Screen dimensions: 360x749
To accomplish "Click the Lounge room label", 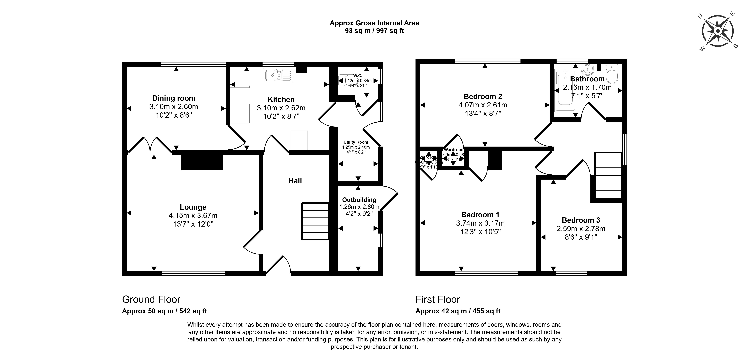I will pos(193,207).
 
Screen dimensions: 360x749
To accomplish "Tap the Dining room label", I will pos(174,98).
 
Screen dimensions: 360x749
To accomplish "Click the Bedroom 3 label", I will pos(581,220).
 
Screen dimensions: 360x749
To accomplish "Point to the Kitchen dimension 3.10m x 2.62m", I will pos(281,108).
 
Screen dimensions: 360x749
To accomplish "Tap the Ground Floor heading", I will pos(151,299).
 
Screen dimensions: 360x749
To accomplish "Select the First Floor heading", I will pos(438,299).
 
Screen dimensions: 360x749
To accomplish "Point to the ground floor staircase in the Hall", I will pos(315,221).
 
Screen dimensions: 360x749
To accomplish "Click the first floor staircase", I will pos(608,175).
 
